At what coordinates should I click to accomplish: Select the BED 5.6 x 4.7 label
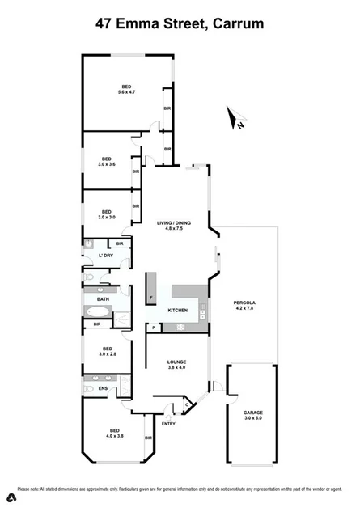pyautogui.click(x=126, y=90)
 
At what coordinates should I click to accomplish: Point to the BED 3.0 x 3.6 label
pyautogui.click(x=104, y=161)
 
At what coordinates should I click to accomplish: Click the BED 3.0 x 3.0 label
pyautogui.click(x=105, y=214)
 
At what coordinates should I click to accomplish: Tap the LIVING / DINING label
pyautogui.click(x=172, y=226)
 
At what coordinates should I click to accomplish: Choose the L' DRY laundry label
pyautogui.click(x=104, y=256)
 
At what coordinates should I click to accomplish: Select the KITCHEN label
pyautogui.click(x=178, y=310)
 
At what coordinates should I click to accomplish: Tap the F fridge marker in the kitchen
pyautogui.click(x=151, y=297)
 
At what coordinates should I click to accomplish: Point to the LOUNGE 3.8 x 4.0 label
pyautogui.click(x=177, y=365)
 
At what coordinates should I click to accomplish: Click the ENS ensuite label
pyautogui.click(x=103, y=389)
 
